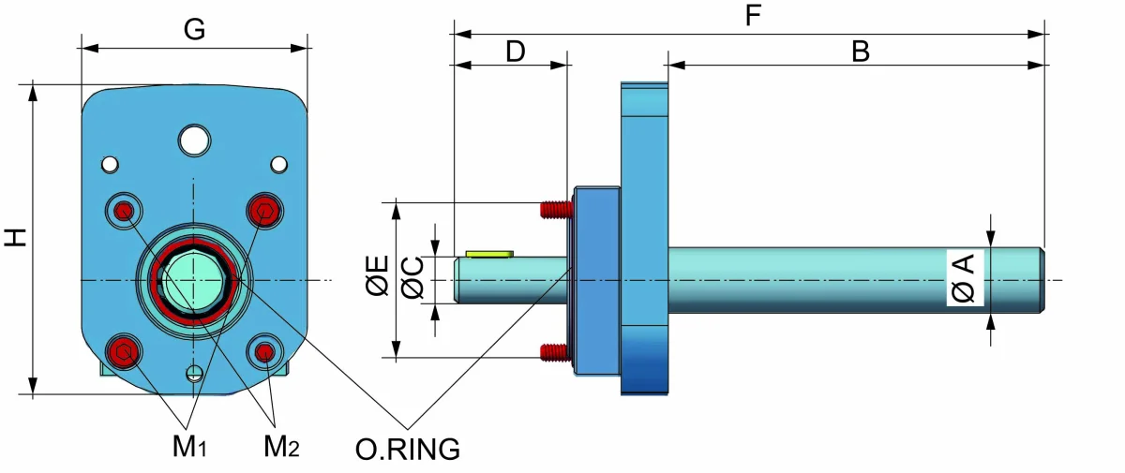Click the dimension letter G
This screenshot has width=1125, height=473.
click(x=194, y=30)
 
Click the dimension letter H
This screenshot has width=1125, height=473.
click(x=16, y=237)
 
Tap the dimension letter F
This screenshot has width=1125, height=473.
click(x=753, y=15)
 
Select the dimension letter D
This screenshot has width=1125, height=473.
click(x=516, y=52)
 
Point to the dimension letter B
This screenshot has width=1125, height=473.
click(x=861, y=52)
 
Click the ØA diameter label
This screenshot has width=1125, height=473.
click(x=964, y=278)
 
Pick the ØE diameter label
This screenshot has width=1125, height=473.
click(x=378, y=275)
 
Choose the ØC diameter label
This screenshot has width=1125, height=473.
click(x=412, y=278)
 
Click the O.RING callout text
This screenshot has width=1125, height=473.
click(x=407, y=449)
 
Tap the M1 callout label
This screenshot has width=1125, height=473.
click(x=189, y=446)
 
